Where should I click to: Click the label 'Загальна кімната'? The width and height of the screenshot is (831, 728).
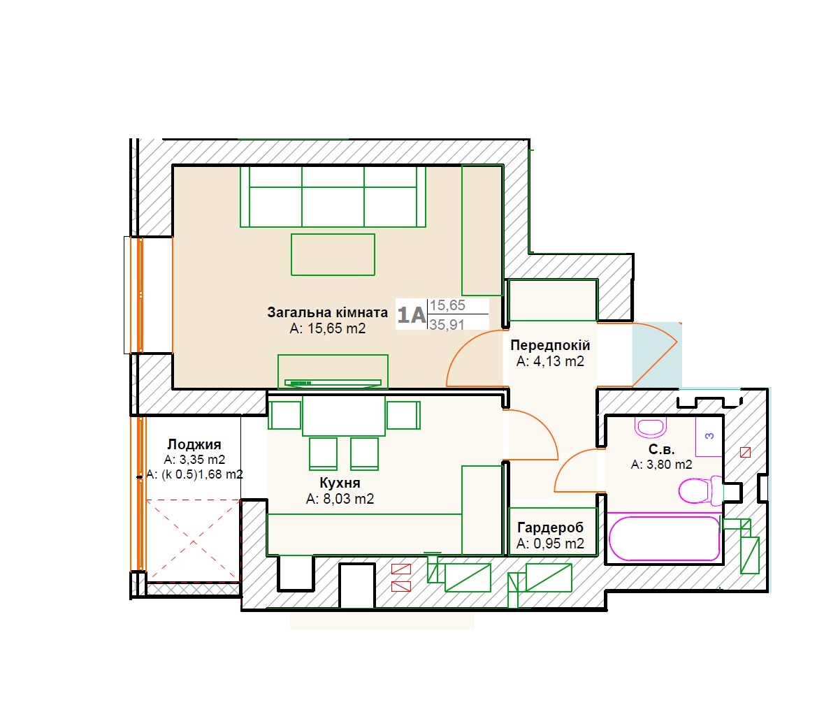tap(327, 312)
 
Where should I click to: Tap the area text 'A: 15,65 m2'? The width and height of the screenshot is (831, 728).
tap(328, 328)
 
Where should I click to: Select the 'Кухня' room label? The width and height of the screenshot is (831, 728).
tap(340, 483)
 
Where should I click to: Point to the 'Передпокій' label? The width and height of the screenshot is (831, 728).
tap(550, 345)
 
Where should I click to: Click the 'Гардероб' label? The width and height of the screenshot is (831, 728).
tap(550, 527)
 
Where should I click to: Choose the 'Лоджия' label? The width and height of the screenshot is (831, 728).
tap(194, 444)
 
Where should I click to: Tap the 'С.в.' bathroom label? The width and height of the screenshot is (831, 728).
tap(661, 450)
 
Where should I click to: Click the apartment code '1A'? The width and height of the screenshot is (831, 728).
tap(411, 315)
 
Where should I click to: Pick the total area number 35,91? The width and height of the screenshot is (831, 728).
tap(447, 324)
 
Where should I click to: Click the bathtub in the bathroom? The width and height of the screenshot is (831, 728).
tap(664, 537)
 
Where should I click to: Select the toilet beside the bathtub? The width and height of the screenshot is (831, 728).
tap(700, 490)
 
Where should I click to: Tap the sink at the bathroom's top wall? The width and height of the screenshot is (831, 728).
tap(650, 427)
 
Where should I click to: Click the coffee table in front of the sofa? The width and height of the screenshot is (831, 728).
tap(333, 255)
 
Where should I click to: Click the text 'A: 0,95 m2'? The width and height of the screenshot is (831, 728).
tap(550, 544)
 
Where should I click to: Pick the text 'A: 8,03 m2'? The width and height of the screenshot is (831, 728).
tap(340, 499)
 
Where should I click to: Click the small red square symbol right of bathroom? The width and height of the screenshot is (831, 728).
tap(745, 453)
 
